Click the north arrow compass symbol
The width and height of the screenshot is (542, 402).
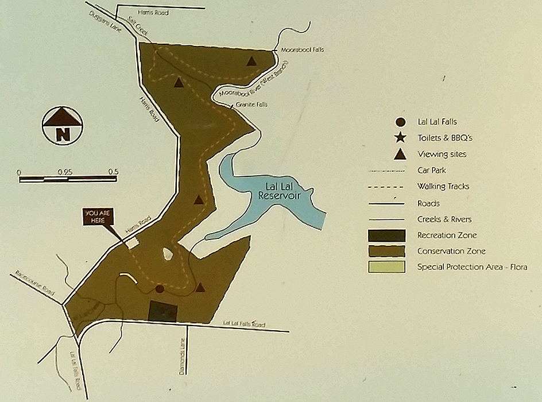click(x=63, y=126)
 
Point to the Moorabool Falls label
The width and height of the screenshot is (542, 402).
click(x=302, y=50)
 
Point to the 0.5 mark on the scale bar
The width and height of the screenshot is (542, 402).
click(x=113, y=172)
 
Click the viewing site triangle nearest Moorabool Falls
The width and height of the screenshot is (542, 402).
click(x=251, y=61)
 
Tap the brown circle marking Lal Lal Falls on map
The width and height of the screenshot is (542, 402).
click(x=160, y=289)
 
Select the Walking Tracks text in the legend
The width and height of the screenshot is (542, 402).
click(x=444, y=187)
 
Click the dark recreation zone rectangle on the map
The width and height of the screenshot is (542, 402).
click(x=163, y=311)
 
